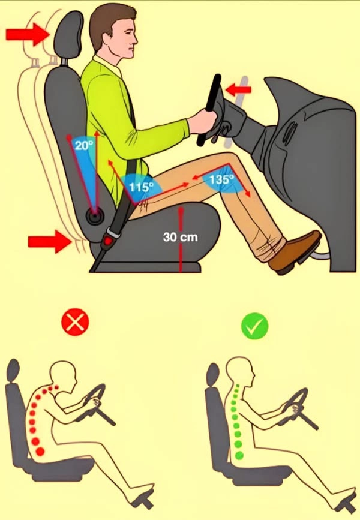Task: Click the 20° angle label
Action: click(83, 145)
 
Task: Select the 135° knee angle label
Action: click(221, 179)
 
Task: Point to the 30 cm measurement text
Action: click(180, 237)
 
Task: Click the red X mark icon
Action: click(76, 322)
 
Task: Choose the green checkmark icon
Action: click(254, 326)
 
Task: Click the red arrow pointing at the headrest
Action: click(28, 34)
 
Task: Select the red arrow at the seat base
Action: click(50, 242)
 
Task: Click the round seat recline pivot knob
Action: click(95, 217)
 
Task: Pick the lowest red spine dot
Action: click(40, 452)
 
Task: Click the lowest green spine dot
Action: click(239, 455)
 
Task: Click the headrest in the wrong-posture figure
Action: click(13, 371)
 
